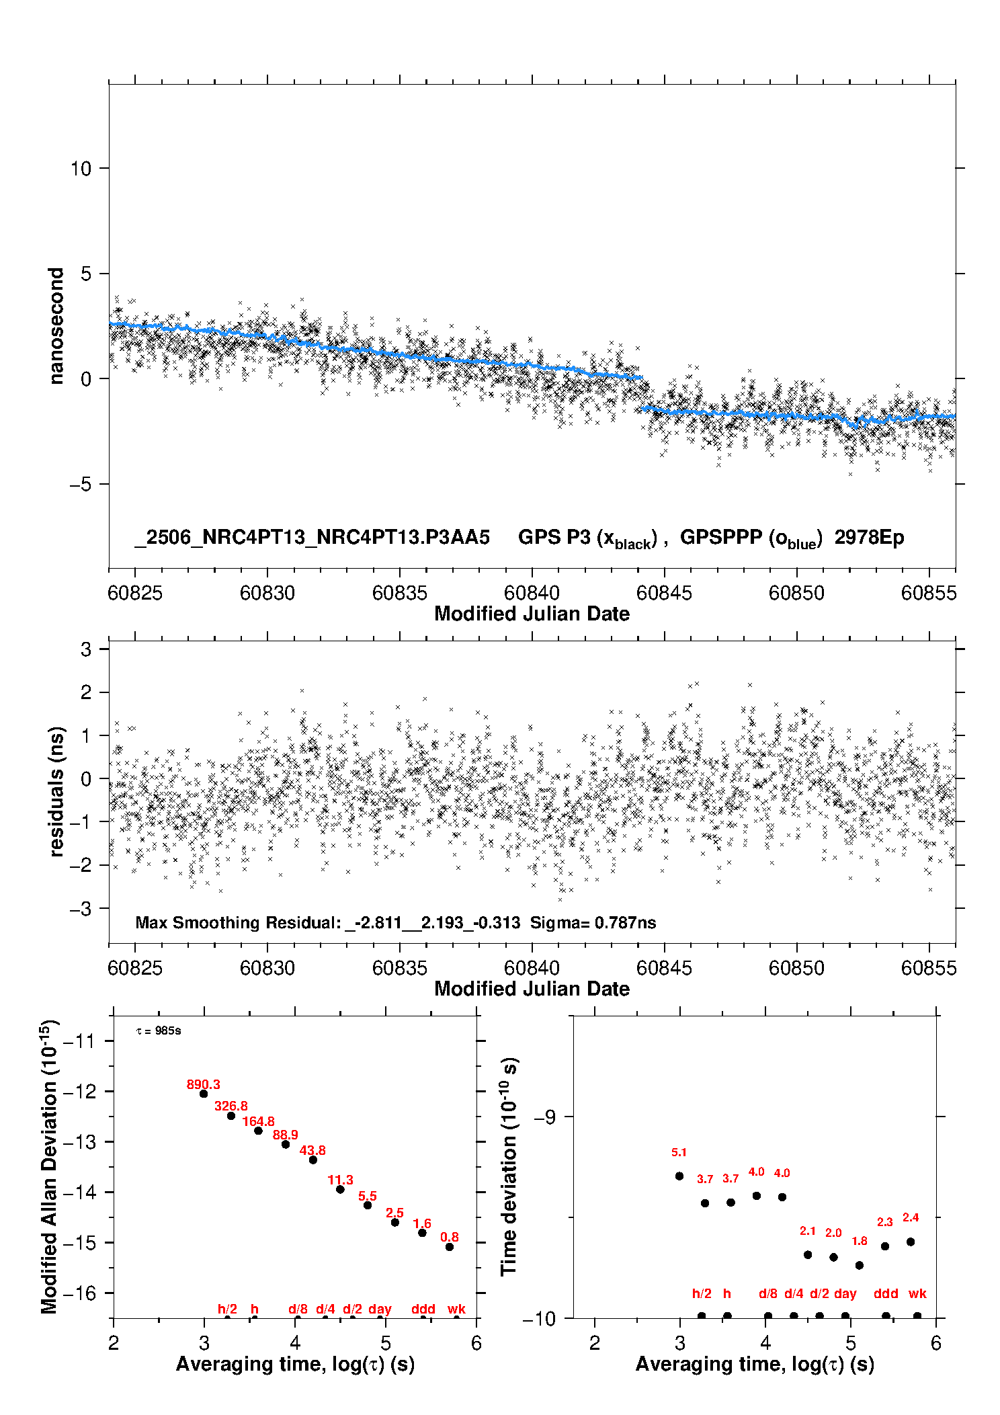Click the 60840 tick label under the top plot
tap(532, 592)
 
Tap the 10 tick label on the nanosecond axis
tap(81, 168)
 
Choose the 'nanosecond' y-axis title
tap(56, 326)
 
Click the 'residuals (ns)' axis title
tap(56, 791)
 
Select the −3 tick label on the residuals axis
tap(81, 909)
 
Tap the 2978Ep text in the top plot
tap(870, 537)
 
